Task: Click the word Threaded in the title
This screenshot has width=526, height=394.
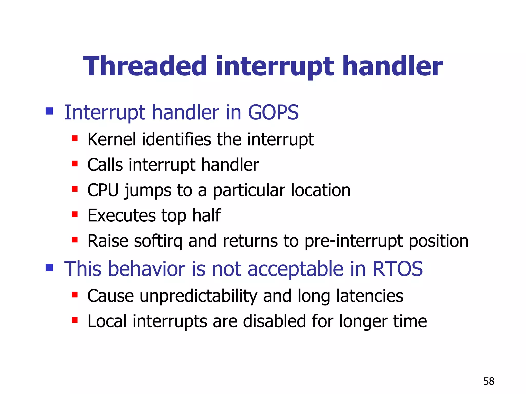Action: click(x=145, y=66)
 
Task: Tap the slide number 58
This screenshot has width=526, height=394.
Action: click(x=489, y=381)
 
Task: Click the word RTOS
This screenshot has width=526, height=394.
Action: click(x=397, y=269)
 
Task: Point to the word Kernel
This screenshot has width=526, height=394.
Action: click(x=111, y=140)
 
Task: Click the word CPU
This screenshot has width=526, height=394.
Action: click(x=103, y=190)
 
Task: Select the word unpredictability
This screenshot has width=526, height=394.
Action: click(x=198, y=296)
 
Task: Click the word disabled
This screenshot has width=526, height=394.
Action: click(x=274, y=321)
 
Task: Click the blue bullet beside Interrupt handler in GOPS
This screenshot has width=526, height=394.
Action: click(x=49, y=111)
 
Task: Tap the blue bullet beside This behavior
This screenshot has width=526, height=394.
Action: click(x=49, y=268)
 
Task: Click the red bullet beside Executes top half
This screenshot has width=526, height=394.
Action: click(x=75, y=214)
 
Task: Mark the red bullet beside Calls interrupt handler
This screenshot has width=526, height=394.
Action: click(x=75, y=164)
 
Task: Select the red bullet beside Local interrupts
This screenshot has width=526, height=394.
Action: click(x=75, y=320)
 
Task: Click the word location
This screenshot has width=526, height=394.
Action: click(x=321, y=190)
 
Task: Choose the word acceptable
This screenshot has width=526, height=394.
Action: click(x=295, y=269)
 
